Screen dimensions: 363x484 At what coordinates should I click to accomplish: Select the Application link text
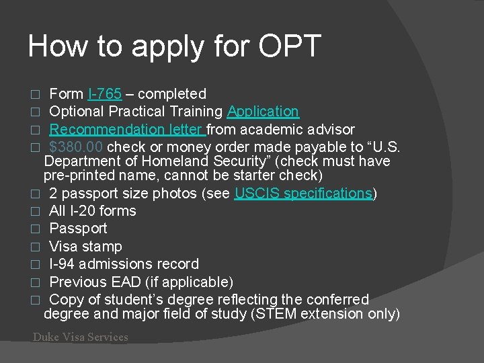coord(263,112)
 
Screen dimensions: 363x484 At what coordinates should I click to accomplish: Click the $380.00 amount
coord(76,147)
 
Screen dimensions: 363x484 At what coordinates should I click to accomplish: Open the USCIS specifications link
coord(303,194)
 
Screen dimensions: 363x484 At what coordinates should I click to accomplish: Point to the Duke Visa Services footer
coord(80,337)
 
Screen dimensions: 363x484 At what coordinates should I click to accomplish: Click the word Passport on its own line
coord(78,229)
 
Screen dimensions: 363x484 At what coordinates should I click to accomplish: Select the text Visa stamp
coord(85,246)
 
